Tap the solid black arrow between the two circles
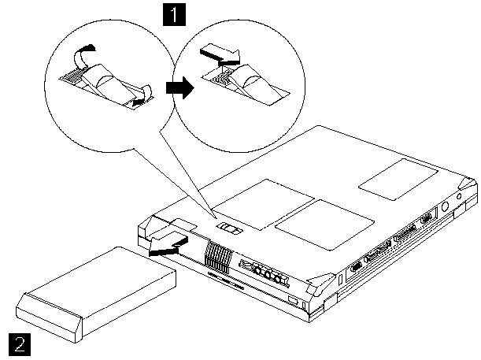click(x=180, y=88)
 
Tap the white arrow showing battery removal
click(x=168, y=240)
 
